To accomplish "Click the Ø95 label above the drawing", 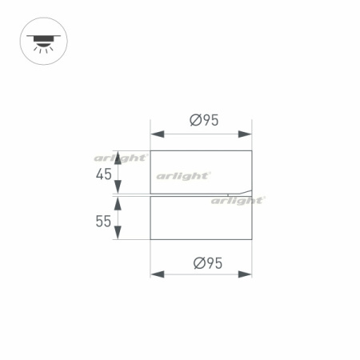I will [x=205, y=121].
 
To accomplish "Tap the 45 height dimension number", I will [x=103, y=174].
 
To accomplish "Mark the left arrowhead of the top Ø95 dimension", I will [x=156, y=134].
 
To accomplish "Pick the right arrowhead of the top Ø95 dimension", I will [x=246, y=134].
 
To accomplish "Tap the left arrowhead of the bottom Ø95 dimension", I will [x=156, y=274].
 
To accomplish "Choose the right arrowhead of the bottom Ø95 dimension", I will [x=246, y=274].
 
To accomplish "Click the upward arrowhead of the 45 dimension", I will [x=118, y=156].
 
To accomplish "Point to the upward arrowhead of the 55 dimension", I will [x=118, y=202].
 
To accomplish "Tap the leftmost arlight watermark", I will [x=120, y=158].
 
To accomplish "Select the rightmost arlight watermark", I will [x=238, y=201].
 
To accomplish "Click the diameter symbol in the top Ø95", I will [x=195, y=121].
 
